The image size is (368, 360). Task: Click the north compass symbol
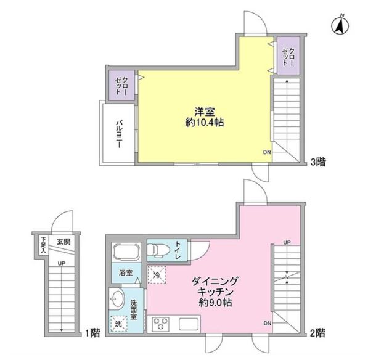(x=339, y=25)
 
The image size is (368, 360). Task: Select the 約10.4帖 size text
(x=205, y=123)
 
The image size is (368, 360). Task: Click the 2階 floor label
(x=317, y=333)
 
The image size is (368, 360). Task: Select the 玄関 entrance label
(x=63, y=242)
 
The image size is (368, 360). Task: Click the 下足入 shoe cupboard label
(x=44, y=245)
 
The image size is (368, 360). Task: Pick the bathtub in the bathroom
(x=123, y=253)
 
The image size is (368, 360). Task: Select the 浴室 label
(x=121, y=271)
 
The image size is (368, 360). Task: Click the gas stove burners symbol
(x=162, y=324)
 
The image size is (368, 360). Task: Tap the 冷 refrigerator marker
(x=157, y=276)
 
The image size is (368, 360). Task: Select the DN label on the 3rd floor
(x=266, y=153)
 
